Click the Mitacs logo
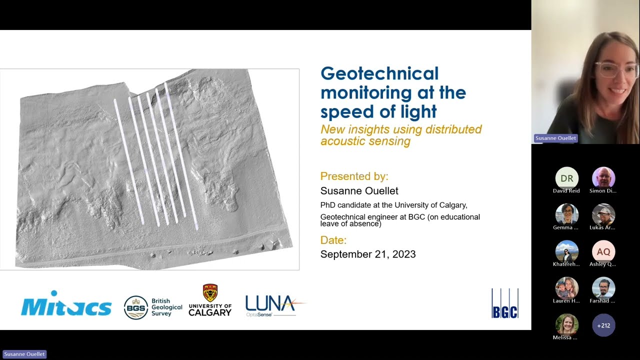(x=66, y=304)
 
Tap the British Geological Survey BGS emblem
(x=135, y=307)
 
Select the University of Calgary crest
(x=210, y=293)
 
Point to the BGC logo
(x=504, y=303)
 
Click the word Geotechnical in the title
(x=379, y=74)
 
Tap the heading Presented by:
(x=354, y=176)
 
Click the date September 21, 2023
(x=368, y=254)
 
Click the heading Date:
(x=333, y=240)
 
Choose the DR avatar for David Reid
(x=566, y=178)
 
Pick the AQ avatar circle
(x=603, y=252)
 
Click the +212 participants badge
(x=603, y=325)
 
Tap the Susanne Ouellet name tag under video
(x=555, y=138)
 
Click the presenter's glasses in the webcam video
(x=617, y=70)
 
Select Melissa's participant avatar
(x=566, y=324)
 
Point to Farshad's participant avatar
(x=603, y=288)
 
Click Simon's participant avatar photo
(x=603, y=178)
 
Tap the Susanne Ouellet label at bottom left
(x=24, y=354)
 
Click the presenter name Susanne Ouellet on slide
(x=359, y=191)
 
